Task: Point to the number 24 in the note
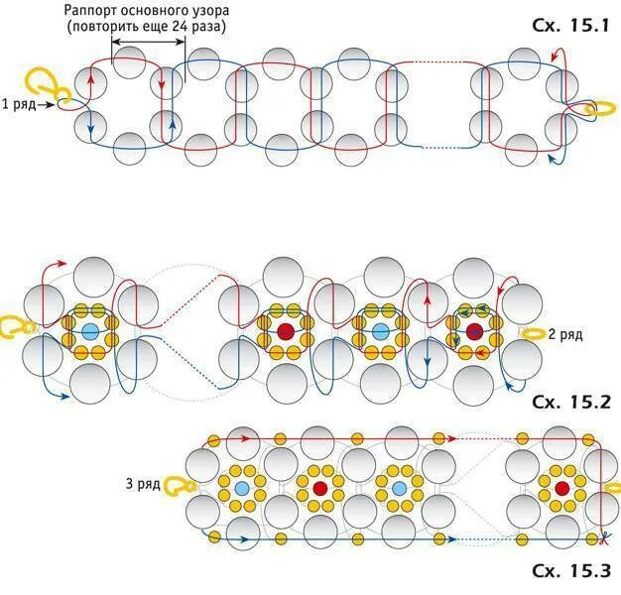[x=190, y=27]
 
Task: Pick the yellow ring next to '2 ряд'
[x=532, y=334]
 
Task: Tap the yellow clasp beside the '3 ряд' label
[x=178, y=486]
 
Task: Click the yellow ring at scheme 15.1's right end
[x=599, y=108]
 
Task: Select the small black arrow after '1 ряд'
[x=47, y=103]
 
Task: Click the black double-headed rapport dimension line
[x=136, y=42]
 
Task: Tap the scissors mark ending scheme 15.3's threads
[x=601, y=539]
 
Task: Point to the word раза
[x=223, y=27]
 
